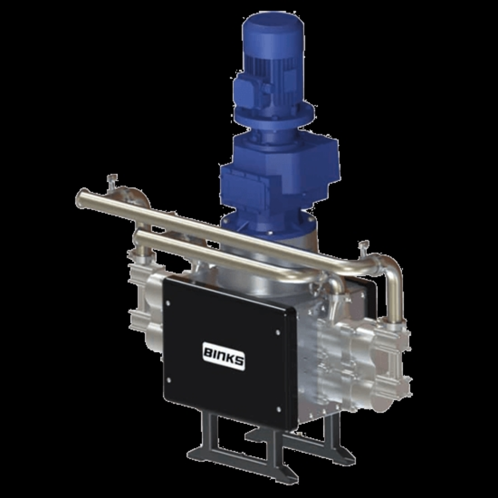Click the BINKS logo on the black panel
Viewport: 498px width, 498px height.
click(x=223, y=356)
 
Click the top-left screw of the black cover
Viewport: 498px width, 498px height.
click(x=168, y=303)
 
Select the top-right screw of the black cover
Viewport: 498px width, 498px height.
click(x=278, y=332)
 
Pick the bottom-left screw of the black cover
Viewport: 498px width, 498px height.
click(x=169, y=380)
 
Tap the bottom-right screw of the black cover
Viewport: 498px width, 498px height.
click(x=278, y=409)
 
